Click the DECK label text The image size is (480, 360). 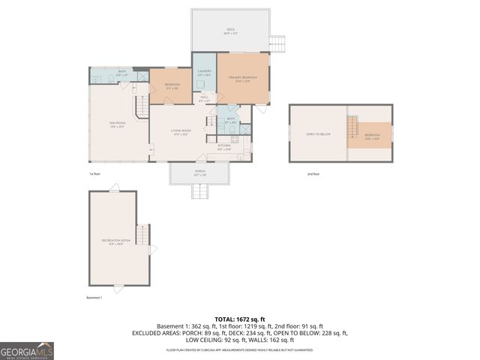coord(230,30)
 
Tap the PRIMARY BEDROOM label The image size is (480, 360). coord(243,78)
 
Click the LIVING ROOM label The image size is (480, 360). coord(181,133)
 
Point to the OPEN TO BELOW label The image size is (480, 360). coord(318,134)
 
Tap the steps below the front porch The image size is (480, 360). coord(199,192)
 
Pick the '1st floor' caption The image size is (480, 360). coord(95,173)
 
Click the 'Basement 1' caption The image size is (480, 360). coord(94,298)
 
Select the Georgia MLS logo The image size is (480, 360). coord(27,351)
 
